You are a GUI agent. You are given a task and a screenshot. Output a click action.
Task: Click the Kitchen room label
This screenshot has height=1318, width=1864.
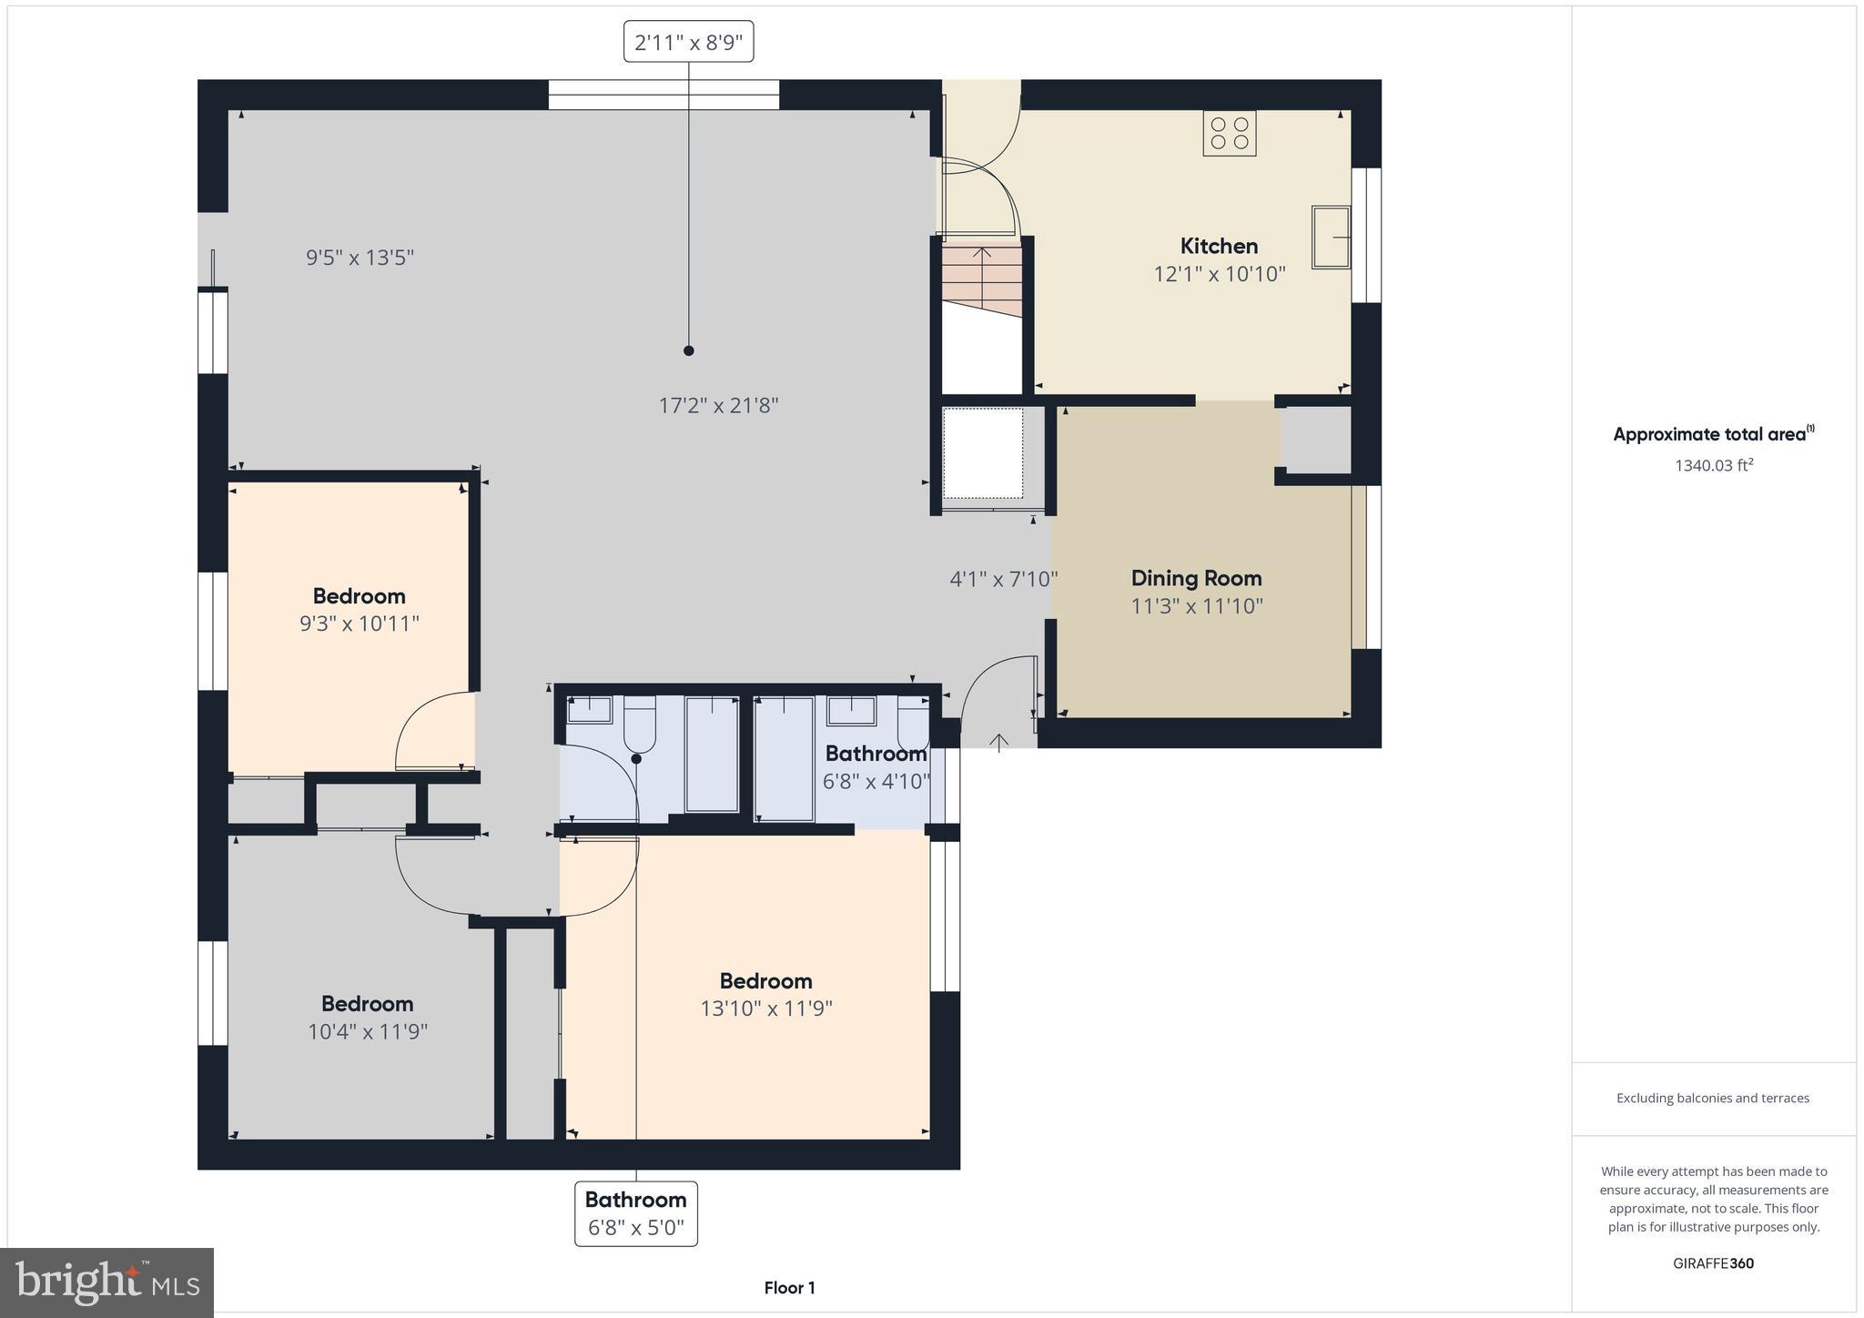[1219, 246]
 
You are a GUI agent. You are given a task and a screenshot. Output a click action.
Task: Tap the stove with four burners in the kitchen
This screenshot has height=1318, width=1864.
[1229, 133]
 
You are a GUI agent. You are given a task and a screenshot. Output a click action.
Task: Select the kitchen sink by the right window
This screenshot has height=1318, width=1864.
[1331, 237]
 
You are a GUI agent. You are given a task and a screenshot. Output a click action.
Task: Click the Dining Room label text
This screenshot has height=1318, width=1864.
[1196, 578]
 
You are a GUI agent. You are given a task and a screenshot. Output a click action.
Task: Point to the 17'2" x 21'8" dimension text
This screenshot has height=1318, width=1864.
[718, 406]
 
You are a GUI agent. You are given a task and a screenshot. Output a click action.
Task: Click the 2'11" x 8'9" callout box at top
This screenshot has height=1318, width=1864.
[688, 42]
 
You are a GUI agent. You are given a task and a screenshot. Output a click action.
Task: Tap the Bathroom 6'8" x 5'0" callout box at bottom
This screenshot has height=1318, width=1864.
[635, 1213]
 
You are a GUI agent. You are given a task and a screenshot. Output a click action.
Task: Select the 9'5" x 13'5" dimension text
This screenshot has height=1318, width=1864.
[360, 258]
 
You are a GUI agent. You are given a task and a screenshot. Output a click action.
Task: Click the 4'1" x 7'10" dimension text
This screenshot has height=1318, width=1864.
[1003, 579]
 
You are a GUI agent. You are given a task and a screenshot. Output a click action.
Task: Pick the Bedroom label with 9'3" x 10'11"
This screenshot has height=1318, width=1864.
[359, 596]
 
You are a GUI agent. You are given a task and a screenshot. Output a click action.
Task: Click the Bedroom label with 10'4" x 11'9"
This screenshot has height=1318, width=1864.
[367, 1004]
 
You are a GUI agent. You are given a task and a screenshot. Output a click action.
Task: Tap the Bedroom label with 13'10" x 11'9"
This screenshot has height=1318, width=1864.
[765, 981]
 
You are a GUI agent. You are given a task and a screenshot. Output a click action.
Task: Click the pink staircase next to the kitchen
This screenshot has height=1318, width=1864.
[981, 278]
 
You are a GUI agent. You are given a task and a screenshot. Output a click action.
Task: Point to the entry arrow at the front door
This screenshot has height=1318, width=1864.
[999, 743]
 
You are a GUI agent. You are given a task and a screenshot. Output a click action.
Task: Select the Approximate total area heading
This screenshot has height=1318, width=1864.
[1713, 434]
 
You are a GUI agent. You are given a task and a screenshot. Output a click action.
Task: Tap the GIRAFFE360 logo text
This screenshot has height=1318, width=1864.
[1713, 1263]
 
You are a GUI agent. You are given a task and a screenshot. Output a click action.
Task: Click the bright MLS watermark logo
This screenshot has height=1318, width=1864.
[106, 1283]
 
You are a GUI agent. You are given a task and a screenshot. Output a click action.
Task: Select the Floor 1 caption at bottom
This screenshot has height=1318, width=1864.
[789, 1288]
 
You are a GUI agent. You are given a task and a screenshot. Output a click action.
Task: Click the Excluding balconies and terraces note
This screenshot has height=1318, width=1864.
[1712, 1098]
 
